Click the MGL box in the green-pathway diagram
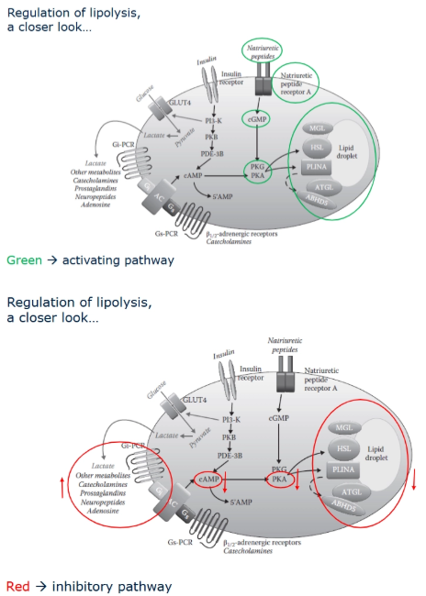tap(316, 127)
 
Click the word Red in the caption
tap(17, 586)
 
